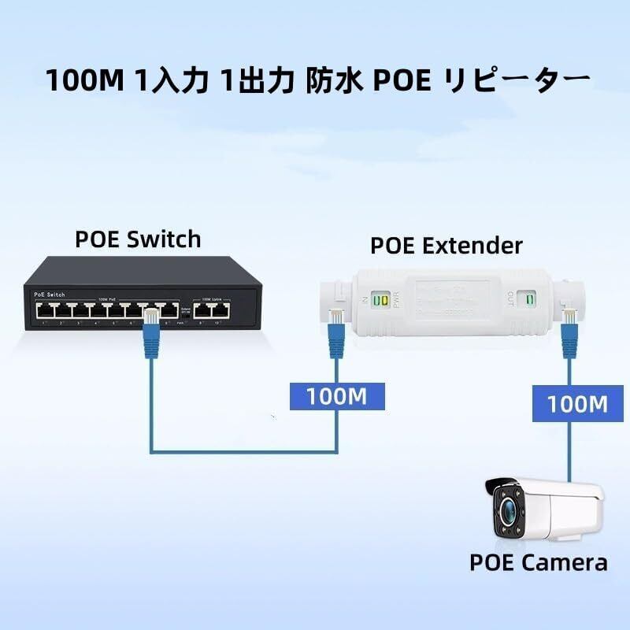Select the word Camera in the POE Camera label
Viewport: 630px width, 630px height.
(567, 562)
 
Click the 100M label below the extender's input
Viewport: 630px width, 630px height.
(337, 395)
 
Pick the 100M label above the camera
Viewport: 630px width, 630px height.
(578, 404)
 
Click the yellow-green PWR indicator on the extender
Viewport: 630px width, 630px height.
(382, 300)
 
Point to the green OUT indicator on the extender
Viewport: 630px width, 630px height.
(531, 300)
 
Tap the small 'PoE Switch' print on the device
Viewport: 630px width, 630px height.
(49, 294)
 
